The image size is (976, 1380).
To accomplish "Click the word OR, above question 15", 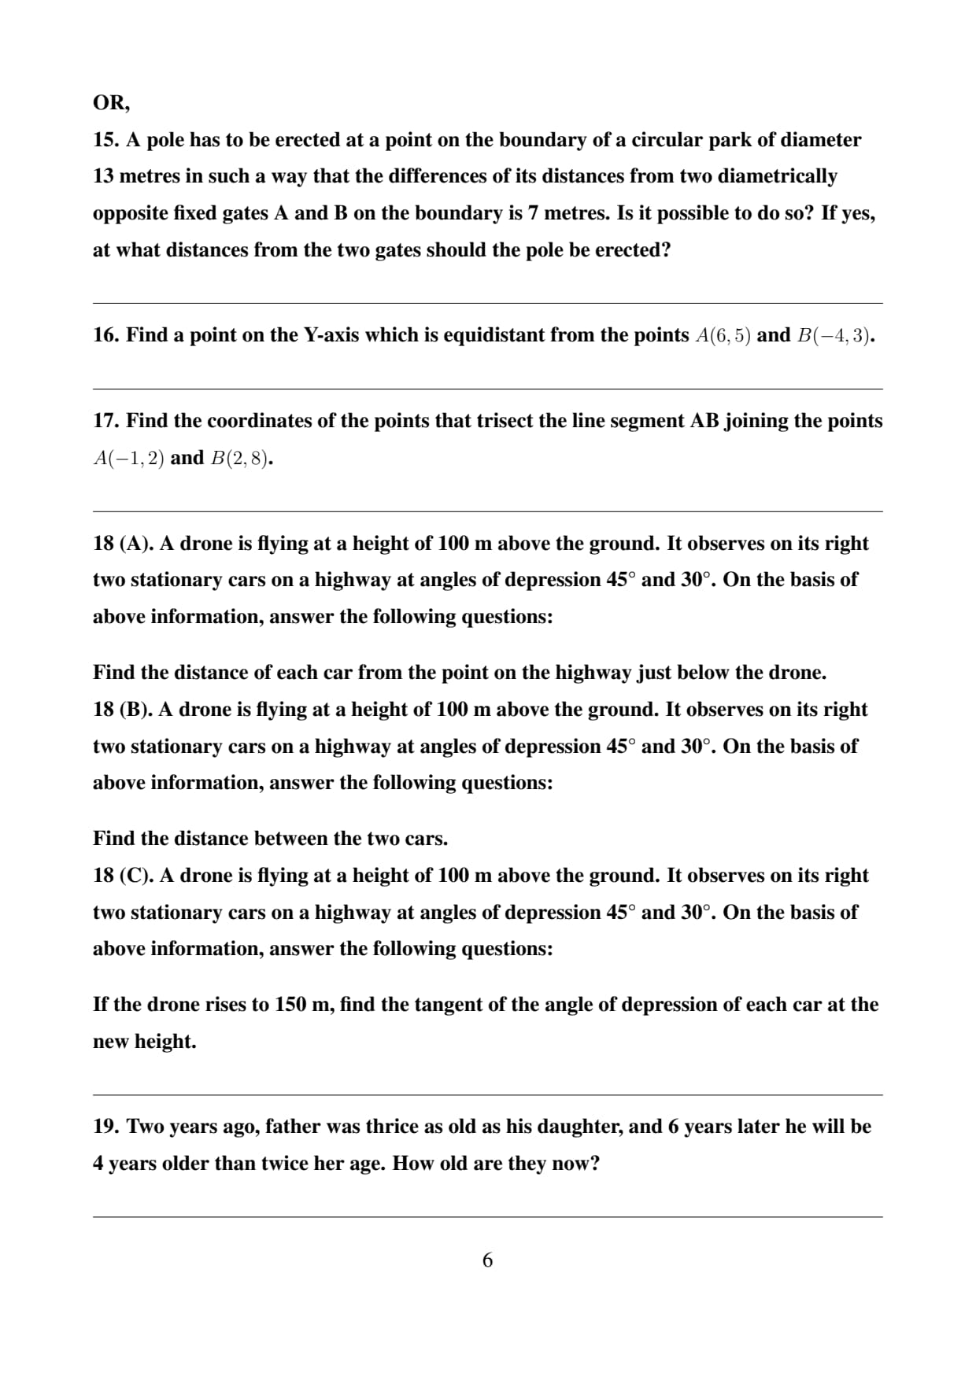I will pos(111,103).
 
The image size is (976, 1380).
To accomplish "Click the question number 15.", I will pos(105,140).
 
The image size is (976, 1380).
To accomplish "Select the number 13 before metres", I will pos(103,176).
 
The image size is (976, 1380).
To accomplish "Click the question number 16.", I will pos(105,335).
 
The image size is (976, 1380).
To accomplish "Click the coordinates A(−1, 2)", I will pos(128,458).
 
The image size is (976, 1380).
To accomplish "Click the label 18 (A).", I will pos(123,544).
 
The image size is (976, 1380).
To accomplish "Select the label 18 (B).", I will pos(123,710).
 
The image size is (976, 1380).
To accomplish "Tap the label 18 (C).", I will pos(123,876).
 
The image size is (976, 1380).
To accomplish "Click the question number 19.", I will pos(105,1127).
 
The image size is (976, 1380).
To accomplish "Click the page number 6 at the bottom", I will pos(487,1260).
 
